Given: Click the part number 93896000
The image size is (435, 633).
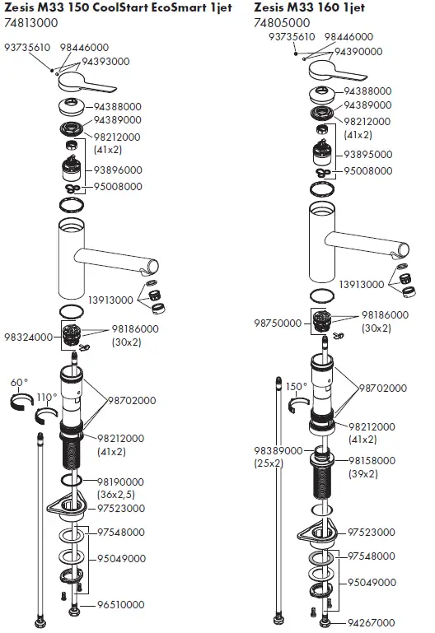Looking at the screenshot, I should tap(118, 170).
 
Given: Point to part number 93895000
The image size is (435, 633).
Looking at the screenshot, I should tap(368, 154).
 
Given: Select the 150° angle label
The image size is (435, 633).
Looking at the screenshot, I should tap(296, 385).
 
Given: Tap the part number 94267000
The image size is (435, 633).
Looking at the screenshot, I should tap(370, 621).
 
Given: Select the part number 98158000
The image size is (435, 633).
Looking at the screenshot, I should tap(372, 460).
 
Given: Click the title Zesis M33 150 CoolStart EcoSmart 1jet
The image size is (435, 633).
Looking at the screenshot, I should tap(115, 7).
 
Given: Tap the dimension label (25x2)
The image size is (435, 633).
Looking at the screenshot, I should tap(271, 463).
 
